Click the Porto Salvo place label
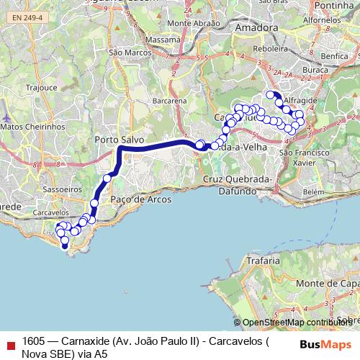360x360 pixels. click(120, 139)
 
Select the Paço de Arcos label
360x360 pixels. click(135, 199)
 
